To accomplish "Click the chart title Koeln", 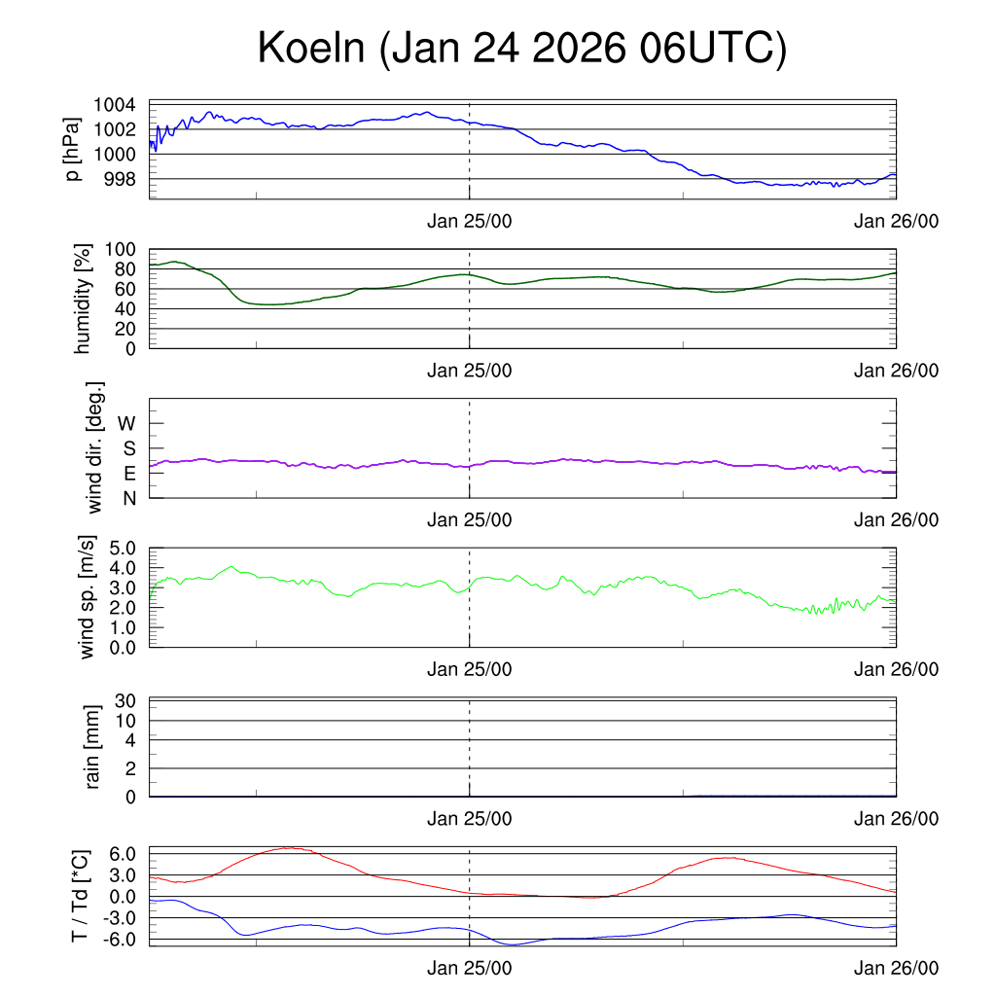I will [521, 50].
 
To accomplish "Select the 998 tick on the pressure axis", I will [120, 179].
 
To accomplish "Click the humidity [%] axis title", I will [85, 300].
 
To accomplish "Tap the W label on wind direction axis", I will [126, 424].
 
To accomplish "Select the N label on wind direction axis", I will [129, 498].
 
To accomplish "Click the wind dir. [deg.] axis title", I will [94, 447].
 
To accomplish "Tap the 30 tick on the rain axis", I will [126, 701].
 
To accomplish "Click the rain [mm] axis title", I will [93, 747].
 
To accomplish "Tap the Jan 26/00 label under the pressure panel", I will [896, 221].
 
